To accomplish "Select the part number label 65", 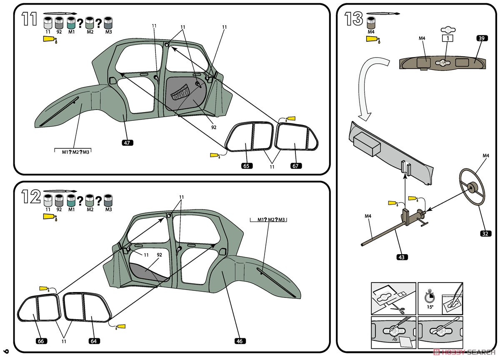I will point(246,166).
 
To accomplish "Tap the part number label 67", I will point(296,166).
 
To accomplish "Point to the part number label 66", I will point(40,341).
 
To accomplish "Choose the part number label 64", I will point(95,341).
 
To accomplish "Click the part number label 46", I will point(239,341).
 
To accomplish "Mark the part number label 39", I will point(481,38).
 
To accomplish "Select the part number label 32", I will point(485,233).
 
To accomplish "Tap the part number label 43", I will point(401,257).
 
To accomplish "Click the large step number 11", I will point(30,19).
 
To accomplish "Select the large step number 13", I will point(354,19).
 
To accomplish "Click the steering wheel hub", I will point(474,187).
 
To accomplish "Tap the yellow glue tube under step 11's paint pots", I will point(50,40).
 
